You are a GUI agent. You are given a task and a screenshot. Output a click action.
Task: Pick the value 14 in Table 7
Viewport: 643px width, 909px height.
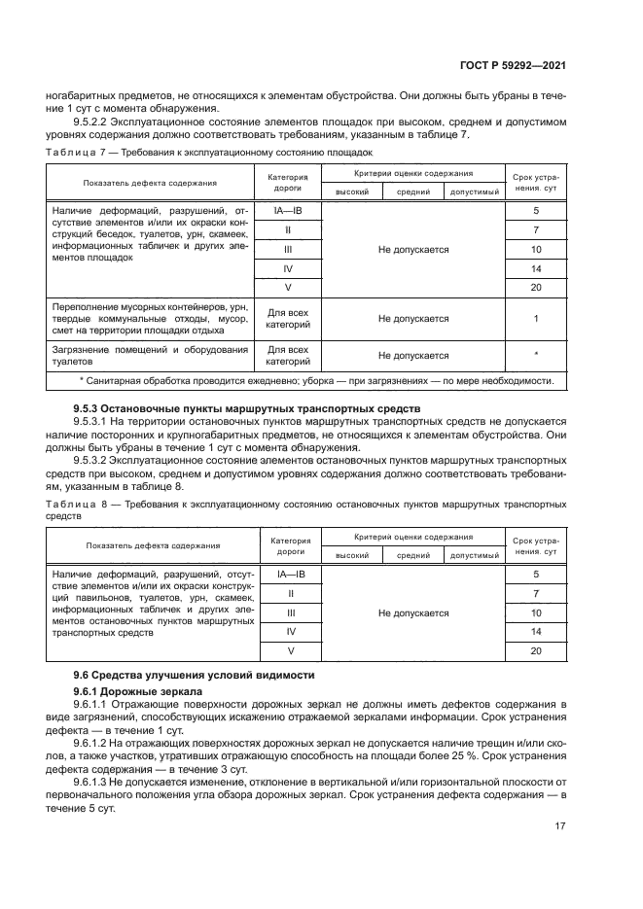pyautogui.click(x=535, y=267)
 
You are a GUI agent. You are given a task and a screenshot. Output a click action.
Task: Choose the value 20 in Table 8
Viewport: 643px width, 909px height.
pyautogui.click(x=535, y=650)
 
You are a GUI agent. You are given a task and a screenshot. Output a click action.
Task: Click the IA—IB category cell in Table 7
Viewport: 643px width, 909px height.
pyautogui.click(x=288, y=211)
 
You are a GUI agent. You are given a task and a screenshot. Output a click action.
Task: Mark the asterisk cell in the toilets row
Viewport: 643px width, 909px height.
pyautogui.click(x=535, y=355)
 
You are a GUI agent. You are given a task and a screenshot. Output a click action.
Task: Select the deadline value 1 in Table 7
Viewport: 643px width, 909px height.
pyautogui.click(x=535, y=318)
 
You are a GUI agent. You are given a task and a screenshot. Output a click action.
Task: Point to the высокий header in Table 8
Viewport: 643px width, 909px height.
pyautogui.click(x=351, y=555)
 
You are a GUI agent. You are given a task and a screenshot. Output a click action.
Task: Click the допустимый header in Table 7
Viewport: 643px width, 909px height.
pyautogui.click(x=474, y=192)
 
